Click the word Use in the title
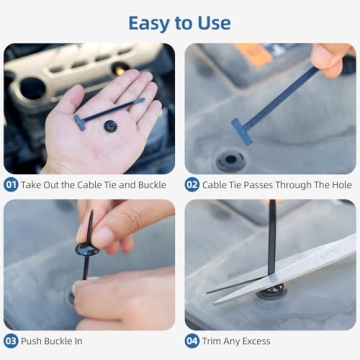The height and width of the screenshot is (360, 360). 211,22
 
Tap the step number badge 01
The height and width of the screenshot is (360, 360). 12,184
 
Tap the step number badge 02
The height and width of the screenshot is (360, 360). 193,184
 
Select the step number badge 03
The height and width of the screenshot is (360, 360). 12,341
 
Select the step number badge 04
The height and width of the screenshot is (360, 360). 193,341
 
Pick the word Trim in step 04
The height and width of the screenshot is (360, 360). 213,341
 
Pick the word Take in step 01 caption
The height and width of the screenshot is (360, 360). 34,184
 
